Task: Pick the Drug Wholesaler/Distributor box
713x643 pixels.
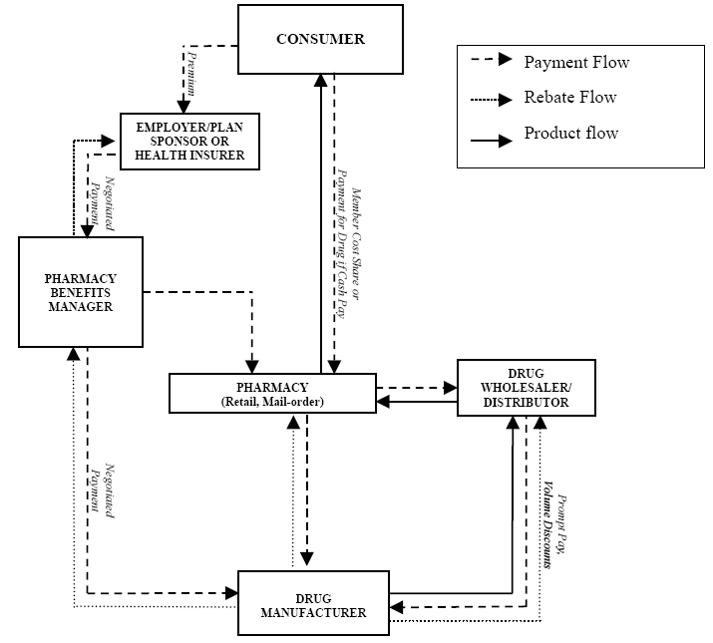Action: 526,387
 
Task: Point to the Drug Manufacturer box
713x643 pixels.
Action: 313,603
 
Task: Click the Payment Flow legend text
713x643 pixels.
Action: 576,63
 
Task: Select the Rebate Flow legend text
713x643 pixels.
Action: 570,98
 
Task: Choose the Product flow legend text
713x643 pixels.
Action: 571,133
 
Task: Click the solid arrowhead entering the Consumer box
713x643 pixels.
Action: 319,81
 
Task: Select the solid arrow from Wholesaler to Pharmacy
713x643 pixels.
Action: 416,401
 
